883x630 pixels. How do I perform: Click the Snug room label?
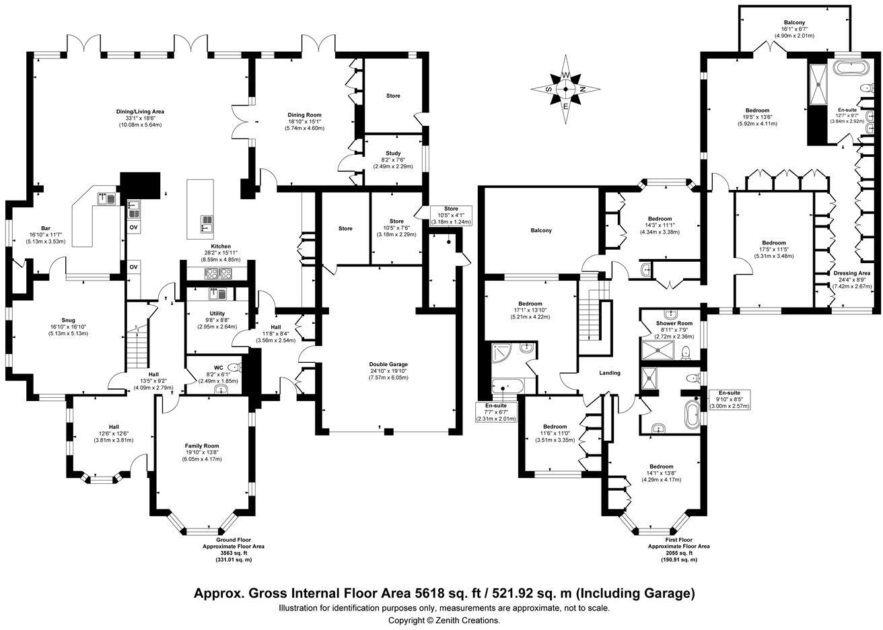[68, 320]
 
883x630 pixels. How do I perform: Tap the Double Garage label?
[388, 364]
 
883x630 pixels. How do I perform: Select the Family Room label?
[202, 446]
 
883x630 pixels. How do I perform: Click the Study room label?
[393, 153]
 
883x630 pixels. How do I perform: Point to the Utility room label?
[217, 314]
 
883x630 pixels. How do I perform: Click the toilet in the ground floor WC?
[234, 367]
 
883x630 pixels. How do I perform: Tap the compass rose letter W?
[565, 75]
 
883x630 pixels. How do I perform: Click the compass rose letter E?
[565, 106]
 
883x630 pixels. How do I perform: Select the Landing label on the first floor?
[610, 373]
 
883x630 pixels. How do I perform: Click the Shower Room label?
[674, 323]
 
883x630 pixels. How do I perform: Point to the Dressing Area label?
[852, 273]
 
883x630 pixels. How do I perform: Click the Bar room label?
[46, 228]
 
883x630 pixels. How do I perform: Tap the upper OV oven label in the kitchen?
[134, 228]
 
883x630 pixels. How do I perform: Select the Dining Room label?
[304, 115]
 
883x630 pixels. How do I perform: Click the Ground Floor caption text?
[234, 540]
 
